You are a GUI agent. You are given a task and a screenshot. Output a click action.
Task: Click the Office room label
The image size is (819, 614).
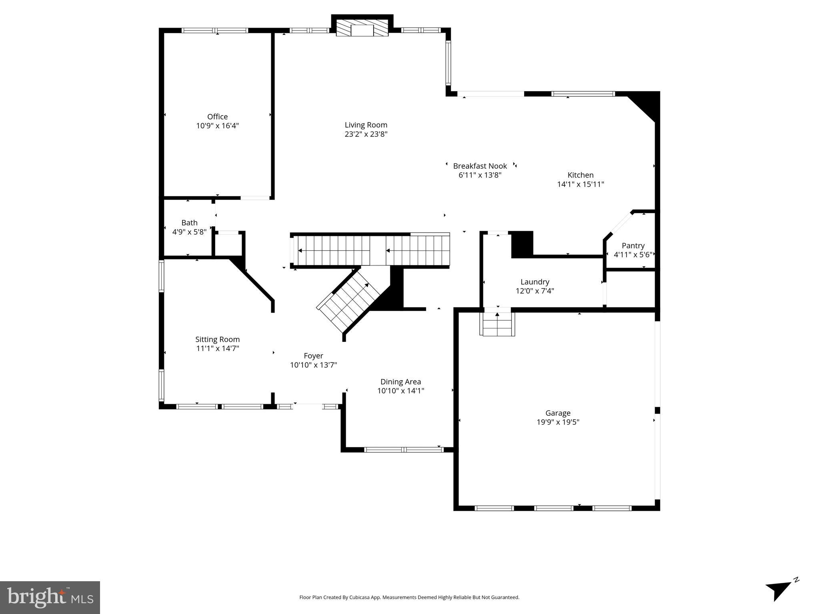pyautogui.click(x=217, y=117)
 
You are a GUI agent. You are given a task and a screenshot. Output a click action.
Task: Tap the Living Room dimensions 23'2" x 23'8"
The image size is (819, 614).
pyautogui.click(x=366, y=134)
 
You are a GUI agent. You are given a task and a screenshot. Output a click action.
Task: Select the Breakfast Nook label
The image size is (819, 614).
pyautogui.click(x=480, y=166)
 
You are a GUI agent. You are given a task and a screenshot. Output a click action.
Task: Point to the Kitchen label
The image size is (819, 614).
pyautogui.click(x=580, y=175)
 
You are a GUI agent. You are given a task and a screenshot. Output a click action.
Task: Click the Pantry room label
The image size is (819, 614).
pyautogui.click(x=633, y=245)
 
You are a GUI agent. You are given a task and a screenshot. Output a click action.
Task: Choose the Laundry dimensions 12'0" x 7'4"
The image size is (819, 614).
pyautogui.click(x=535, y=291)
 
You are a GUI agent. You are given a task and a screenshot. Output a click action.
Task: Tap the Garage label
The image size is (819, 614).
pyautogui.click(x=558, y=413)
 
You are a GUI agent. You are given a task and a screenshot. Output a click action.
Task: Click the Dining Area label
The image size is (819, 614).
pyautogui.click(x=400, y=382)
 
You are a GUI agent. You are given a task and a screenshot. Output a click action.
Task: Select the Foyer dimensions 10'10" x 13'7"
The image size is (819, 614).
pyautogui.click(x=313, y=365)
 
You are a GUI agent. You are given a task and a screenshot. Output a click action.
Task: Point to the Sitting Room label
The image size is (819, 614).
pyautogui.click(x=217, y=339)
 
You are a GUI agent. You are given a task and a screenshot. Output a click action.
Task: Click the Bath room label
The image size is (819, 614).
pyautogui.click(x=189, y=223)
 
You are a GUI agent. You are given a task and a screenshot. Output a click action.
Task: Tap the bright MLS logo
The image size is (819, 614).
pyautogui.click(x=50, y=598)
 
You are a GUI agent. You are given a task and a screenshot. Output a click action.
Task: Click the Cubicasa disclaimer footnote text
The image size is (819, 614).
pyautogui.click(x=409, y=597)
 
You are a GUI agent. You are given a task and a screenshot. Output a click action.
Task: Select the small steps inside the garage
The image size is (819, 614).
pyautogui.click(x=497, y=324)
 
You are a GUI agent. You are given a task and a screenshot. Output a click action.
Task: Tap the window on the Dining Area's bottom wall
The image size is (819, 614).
pyautogui.click(x=404, y=450)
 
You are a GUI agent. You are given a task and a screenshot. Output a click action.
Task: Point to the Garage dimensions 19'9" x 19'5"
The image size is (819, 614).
pyautogui.click(x=558, y=422)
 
